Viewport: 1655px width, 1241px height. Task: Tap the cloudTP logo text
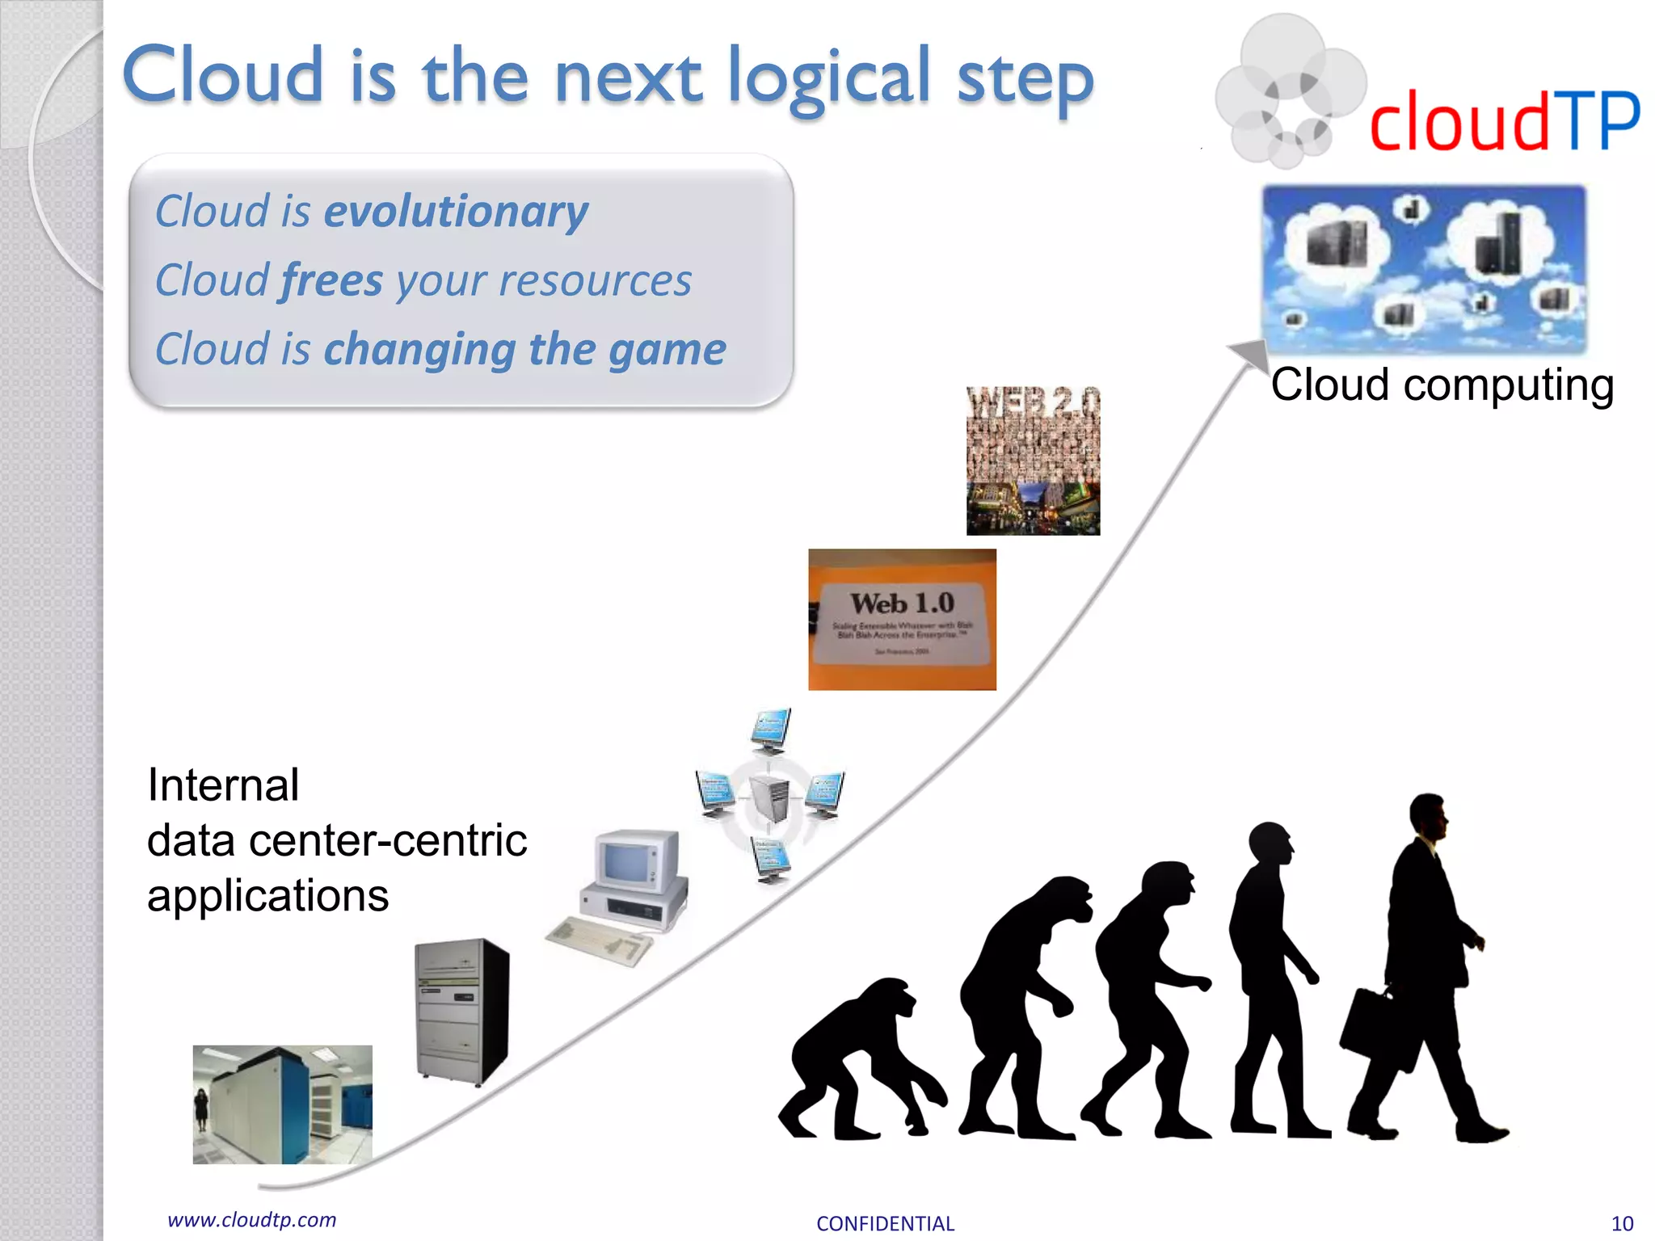1503,121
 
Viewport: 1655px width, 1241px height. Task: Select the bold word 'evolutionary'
456,212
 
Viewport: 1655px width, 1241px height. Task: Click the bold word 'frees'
332,281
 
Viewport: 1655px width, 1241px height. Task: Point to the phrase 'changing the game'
524,350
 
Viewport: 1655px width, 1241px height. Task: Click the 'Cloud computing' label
1442,385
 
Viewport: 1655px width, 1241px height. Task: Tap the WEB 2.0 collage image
1033,461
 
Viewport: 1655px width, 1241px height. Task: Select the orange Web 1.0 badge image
902,620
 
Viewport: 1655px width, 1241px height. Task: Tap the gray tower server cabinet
461,1010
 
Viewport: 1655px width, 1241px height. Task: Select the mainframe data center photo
282,1104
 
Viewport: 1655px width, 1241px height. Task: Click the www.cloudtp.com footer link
251,1220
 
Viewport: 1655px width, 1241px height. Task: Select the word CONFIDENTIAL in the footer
885,1224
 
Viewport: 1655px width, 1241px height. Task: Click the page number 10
1622,1224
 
